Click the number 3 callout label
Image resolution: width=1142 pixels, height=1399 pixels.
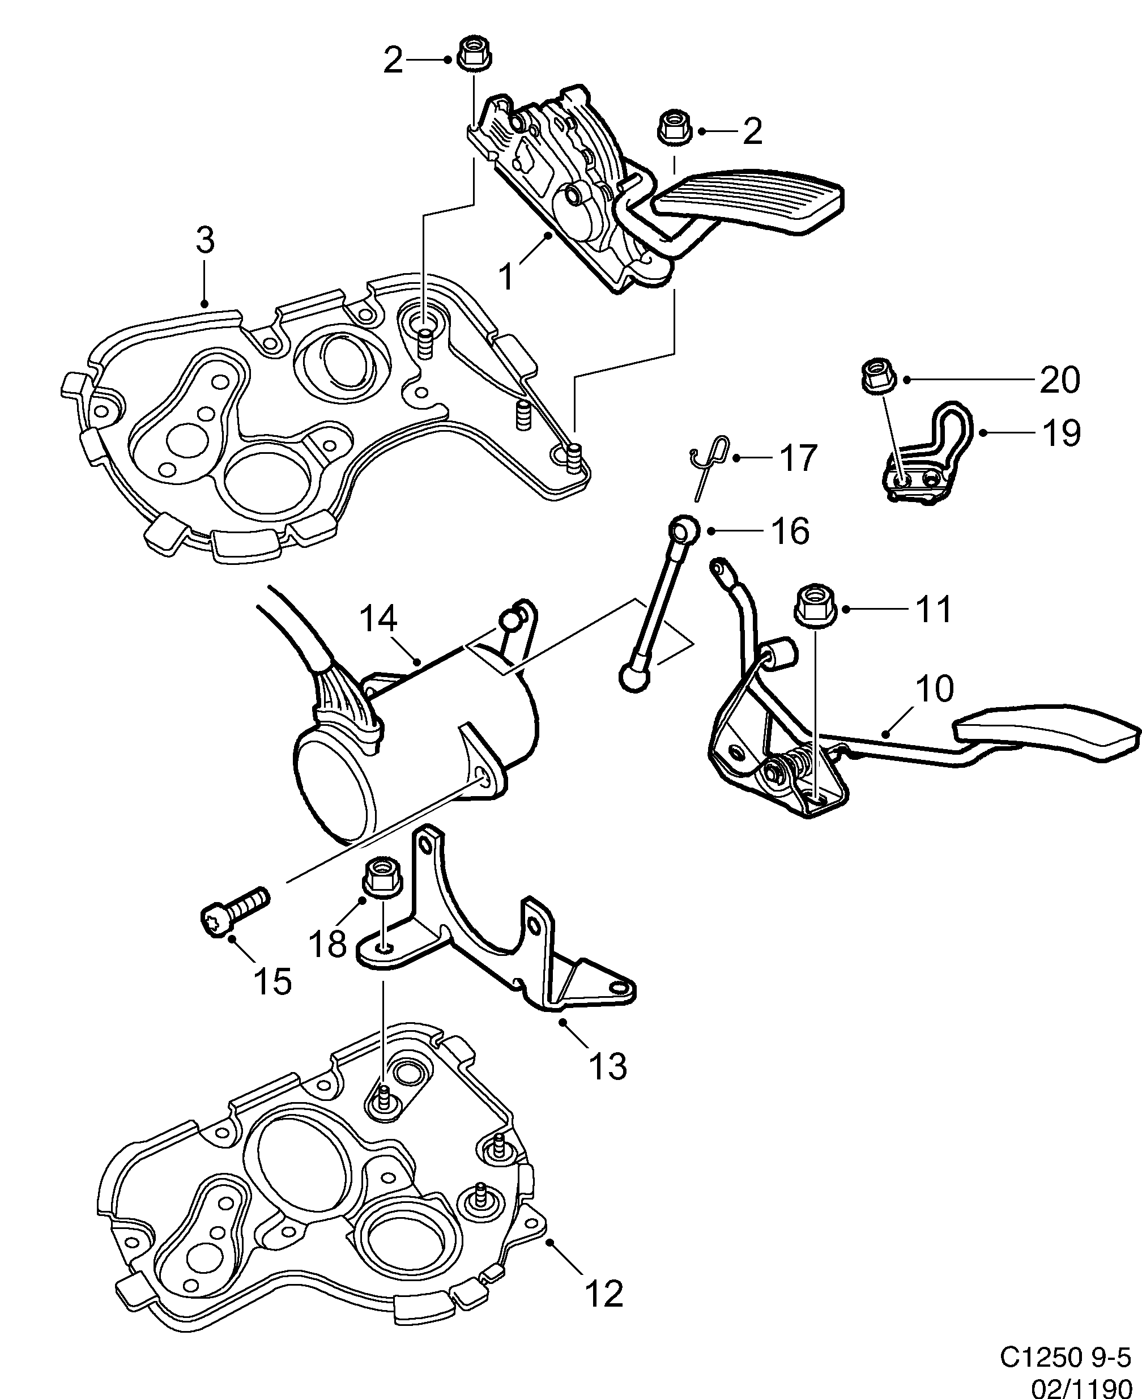(x=205, y=241)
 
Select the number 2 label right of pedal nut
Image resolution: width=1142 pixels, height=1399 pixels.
(x=752, y=131)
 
